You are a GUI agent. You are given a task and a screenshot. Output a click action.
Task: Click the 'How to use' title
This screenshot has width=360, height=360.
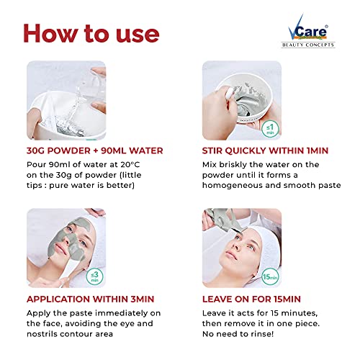tap(91, 34)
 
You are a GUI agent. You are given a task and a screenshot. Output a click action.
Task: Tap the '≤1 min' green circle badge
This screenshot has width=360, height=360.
tap(270, 129)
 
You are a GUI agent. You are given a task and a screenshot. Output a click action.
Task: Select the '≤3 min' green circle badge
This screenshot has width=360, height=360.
tap(94, 276)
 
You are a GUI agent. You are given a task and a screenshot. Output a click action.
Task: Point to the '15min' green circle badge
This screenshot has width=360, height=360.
tap(270, 276)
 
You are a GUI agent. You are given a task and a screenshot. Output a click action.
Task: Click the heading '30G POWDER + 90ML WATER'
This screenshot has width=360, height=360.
tap(95, 150)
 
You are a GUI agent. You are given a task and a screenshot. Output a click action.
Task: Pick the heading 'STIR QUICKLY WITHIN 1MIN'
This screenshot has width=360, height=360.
tap(265, 150)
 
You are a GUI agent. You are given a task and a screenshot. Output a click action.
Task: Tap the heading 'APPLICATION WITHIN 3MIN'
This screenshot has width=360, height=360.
tap(91, 299)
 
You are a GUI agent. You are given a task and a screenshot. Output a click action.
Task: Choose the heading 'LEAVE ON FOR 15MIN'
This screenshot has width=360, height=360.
tap(251, 299)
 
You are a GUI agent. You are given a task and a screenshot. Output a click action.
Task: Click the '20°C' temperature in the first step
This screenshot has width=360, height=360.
tap(130, 165)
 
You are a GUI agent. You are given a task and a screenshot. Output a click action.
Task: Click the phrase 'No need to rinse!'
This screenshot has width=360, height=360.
tap(238, 334)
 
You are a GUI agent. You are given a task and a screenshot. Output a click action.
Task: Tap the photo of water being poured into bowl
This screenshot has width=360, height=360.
tap(66, 100)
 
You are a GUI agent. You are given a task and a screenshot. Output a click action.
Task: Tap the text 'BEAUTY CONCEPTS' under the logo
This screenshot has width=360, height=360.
tap(308, 45)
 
